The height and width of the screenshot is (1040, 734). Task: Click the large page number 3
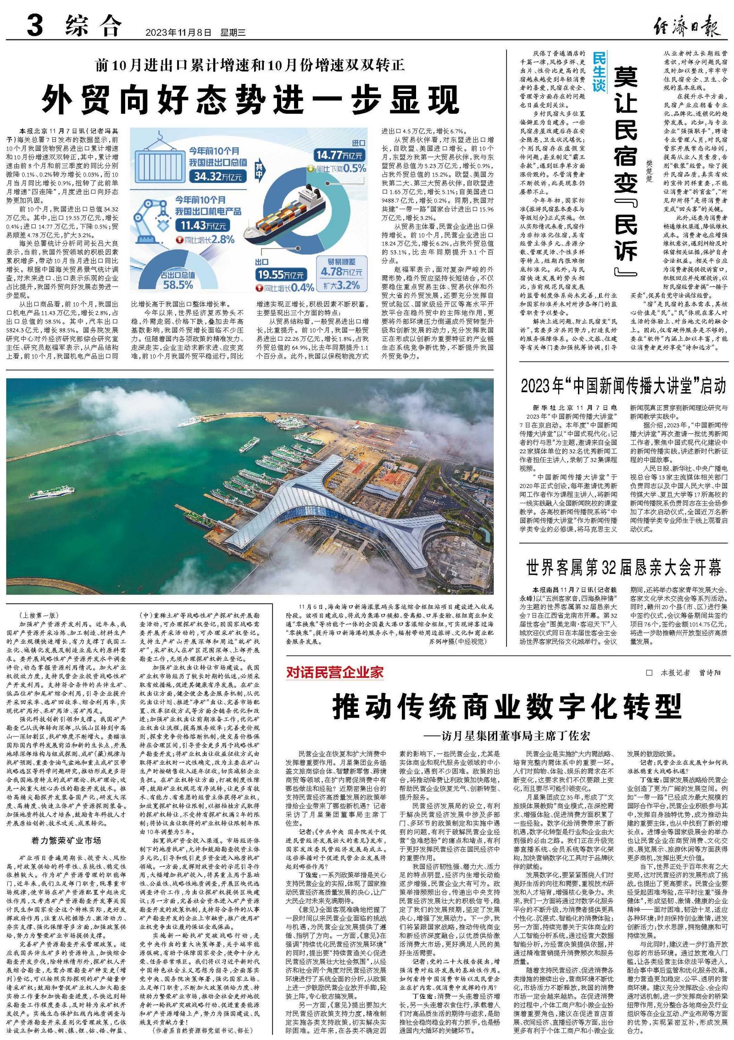(35, 25)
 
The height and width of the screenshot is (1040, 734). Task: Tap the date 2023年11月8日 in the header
(178, 33)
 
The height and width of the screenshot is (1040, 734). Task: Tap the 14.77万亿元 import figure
(339, 155)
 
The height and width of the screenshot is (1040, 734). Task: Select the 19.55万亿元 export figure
(280, 275)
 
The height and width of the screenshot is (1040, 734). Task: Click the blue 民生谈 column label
(599, 72)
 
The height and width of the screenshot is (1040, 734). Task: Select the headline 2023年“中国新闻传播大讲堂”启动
(623, 386)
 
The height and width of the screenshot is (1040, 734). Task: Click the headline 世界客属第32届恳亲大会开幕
(623, 567)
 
